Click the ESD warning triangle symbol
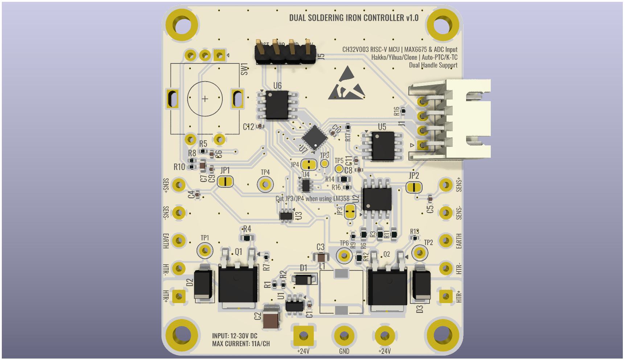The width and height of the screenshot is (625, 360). point(346,84)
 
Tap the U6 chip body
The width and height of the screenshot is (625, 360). point(277,105)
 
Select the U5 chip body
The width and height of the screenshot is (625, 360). point(383,146)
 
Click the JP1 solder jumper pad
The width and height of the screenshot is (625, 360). point(225,181)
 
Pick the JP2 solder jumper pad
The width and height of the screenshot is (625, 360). point(414,187)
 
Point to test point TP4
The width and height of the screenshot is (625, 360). point(265,185)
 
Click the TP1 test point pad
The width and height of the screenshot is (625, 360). point(205,251)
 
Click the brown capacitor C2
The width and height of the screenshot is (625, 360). point(271,318)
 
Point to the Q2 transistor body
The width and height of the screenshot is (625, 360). point(387,287)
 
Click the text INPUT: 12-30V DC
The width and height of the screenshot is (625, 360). point(235,336)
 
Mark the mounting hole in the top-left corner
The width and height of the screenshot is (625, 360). point(182,25)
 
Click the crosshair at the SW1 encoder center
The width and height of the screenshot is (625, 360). point(205,99)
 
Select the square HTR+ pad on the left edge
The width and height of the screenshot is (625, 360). point(178,296)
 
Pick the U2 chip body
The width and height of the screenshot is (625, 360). point(377,198)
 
